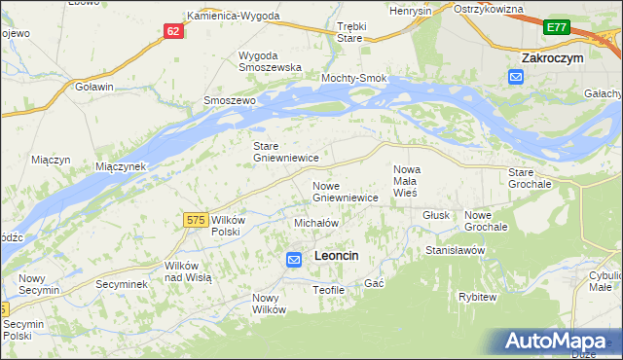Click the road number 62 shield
tap(173, 31)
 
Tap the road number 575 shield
tap(195, 221)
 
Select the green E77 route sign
tap(557, 28)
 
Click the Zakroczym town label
tap(552, 58)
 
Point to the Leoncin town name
tap(337, 255)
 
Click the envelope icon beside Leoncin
tap(294, 259)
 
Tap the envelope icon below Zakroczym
tap(516, 78)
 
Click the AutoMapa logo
tap(561, 341)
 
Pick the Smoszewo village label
tap(229, 100)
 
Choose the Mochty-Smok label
tap(354, 78)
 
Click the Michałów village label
tap(315, 223)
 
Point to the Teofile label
tap(328, 290)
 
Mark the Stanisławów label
tap(455, 250)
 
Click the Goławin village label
tap(94, 86)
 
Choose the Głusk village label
tap(435, 216)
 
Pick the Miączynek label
tap(121, 166)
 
